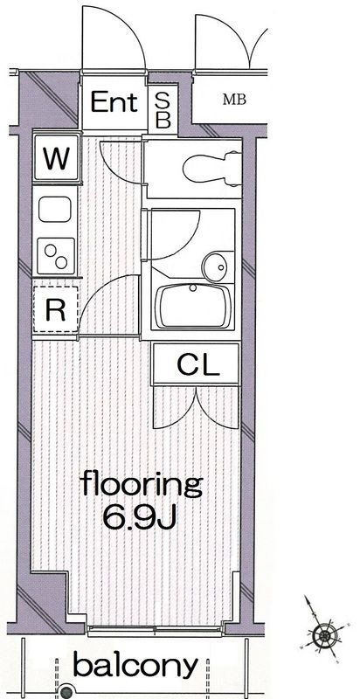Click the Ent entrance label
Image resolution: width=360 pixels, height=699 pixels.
114,103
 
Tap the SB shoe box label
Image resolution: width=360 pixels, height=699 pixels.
163,108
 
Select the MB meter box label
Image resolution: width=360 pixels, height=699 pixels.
234,100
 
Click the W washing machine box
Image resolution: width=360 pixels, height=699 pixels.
56,159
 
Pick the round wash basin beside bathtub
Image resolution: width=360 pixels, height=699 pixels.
213,264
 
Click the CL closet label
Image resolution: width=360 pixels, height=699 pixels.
196,364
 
